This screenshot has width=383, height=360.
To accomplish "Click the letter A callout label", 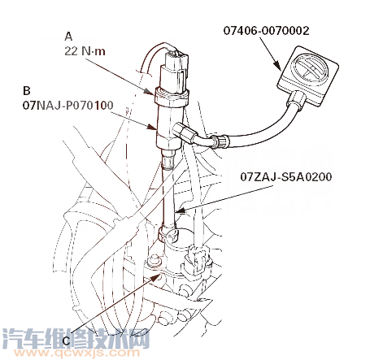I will point(69,36).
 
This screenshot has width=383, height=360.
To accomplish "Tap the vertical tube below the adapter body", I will point(168,195).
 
